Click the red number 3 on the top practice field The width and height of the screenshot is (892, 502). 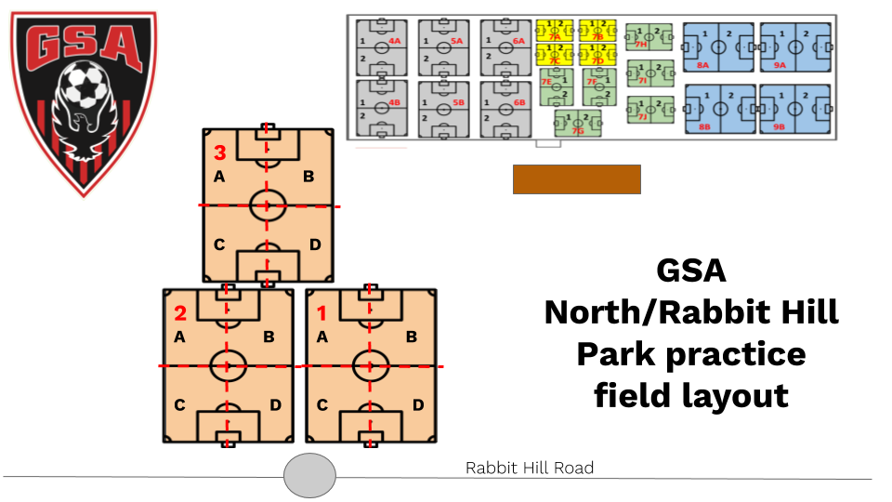(220, 152)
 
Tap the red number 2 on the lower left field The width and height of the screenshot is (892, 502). (180, 312)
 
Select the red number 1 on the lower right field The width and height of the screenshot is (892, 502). (321, 312)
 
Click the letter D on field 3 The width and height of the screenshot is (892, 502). (315, 244)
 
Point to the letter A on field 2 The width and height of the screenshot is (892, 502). (179, 337)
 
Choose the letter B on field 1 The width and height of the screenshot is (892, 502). (410, 337)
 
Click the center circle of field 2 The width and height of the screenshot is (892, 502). (227, 365)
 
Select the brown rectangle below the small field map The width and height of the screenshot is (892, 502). (577, 179)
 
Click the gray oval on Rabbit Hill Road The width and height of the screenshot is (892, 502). (309, 475)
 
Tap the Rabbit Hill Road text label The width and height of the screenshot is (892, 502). (529, 469)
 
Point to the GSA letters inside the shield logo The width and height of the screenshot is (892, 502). (83, 43)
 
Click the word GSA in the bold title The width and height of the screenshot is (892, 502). (691, 271)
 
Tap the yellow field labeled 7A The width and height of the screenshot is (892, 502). (555, 30)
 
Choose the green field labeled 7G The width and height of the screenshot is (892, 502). (578, 123)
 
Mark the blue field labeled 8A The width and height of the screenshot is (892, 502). (718, 46)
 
